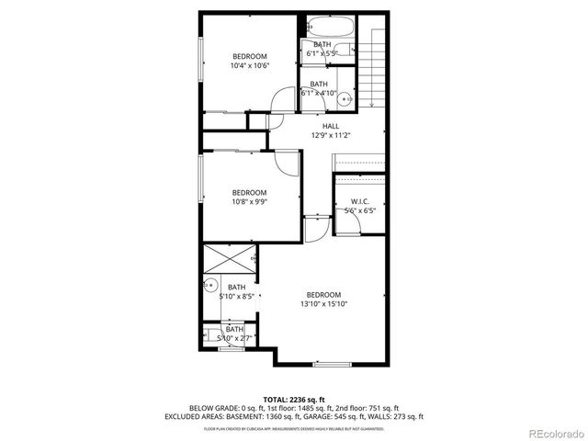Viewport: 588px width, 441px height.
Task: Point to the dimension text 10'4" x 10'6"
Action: click(248, 65)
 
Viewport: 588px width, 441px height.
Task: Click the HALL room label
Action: click(330, 126)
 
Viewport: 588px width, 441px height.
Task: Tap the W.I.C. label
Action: click(359, 201)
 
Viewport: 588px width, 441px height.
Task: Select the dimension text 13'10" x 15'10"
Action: click(323, 304)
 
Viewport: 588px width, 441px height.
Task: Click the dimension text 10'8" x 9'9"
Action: click(248, 202)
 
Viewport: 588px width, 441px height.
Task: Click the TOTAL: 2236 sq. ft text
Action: click(293, 399)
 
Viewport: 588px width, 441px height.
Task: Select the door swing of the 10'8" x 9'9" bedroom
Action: click(288, 162)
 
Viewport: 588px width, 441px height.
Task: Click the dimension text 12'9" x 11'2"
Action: click(331, 135)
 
